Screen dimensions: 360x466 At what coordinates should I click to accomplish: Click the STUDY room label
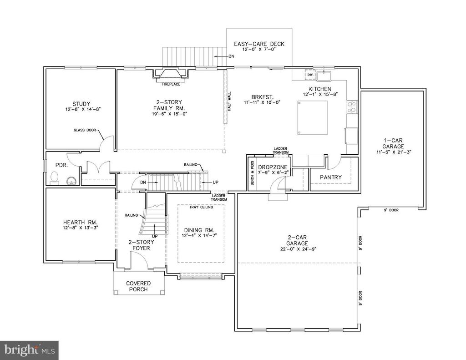coord(81,103)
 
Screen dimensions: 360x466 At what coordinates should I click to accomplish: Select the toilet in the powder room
coord(55,177)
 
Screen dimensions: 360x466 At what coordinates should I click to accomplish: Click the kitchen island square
coord(312,117)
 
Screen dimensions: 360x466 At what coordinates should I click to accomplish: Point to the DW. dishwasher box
coord(310,74)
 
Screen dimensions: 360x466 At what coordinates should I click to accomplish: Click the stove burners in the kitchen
coord(352,107)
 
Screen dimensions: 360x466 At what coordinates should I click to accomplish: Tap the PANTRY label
coord(331,177)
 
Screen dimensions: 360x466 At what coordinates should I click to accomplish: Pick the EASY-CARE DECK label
coord(259,44)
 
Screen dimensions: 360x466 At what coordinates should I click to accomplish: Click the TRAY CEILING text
coord(201,207)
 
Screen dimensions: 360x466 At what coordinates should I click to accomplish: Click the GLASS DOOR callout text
coord(83,130)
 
